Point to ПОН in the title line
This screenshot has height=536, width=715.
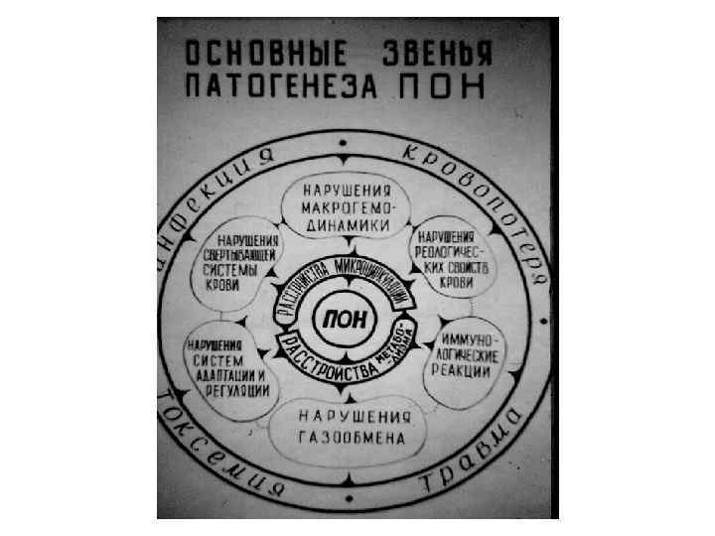coord(441,87)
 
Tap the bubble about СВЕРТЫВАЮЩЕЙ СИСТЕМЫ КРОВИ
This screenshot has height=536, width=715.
coord(243,263)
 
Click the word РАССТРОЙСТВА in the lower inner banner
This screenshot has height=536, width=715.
coord(328,359)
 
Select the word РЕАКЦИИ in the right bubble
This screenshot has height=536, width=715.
coord(461,371)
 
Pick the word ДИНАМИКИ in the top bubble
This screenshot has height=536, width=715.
coord(345,225)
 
